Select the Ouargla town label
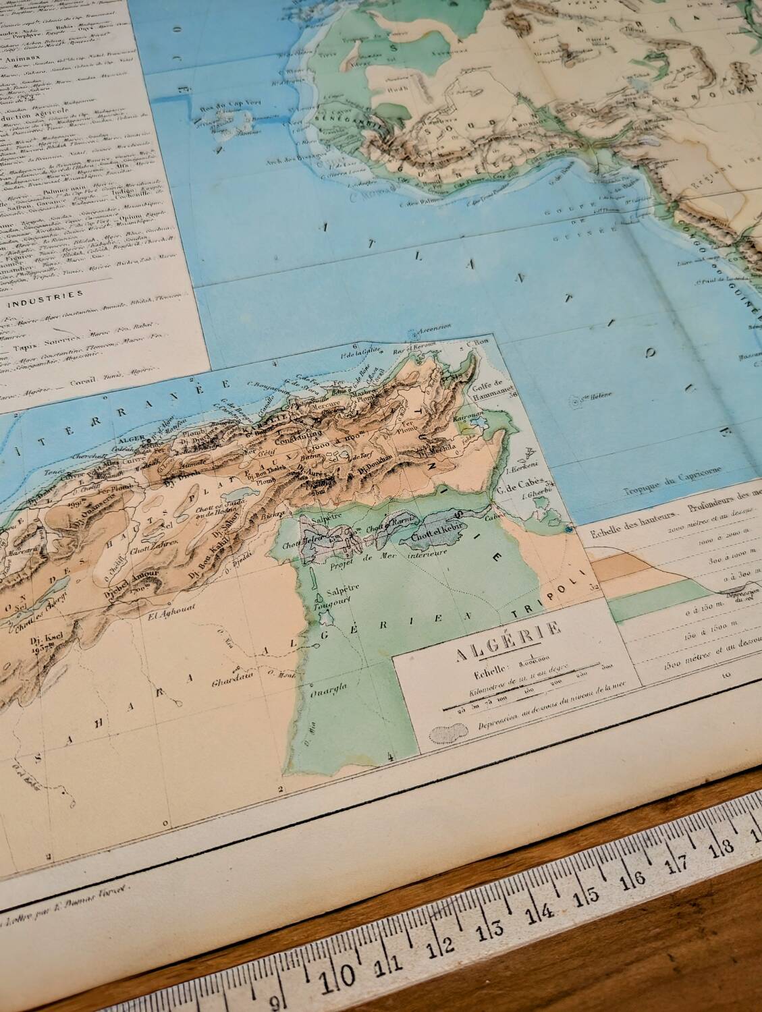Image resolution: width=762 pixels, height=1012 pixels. coord(327,690)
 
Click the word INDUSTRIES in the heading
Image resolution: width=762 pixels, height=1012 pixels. coord(52,294)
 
